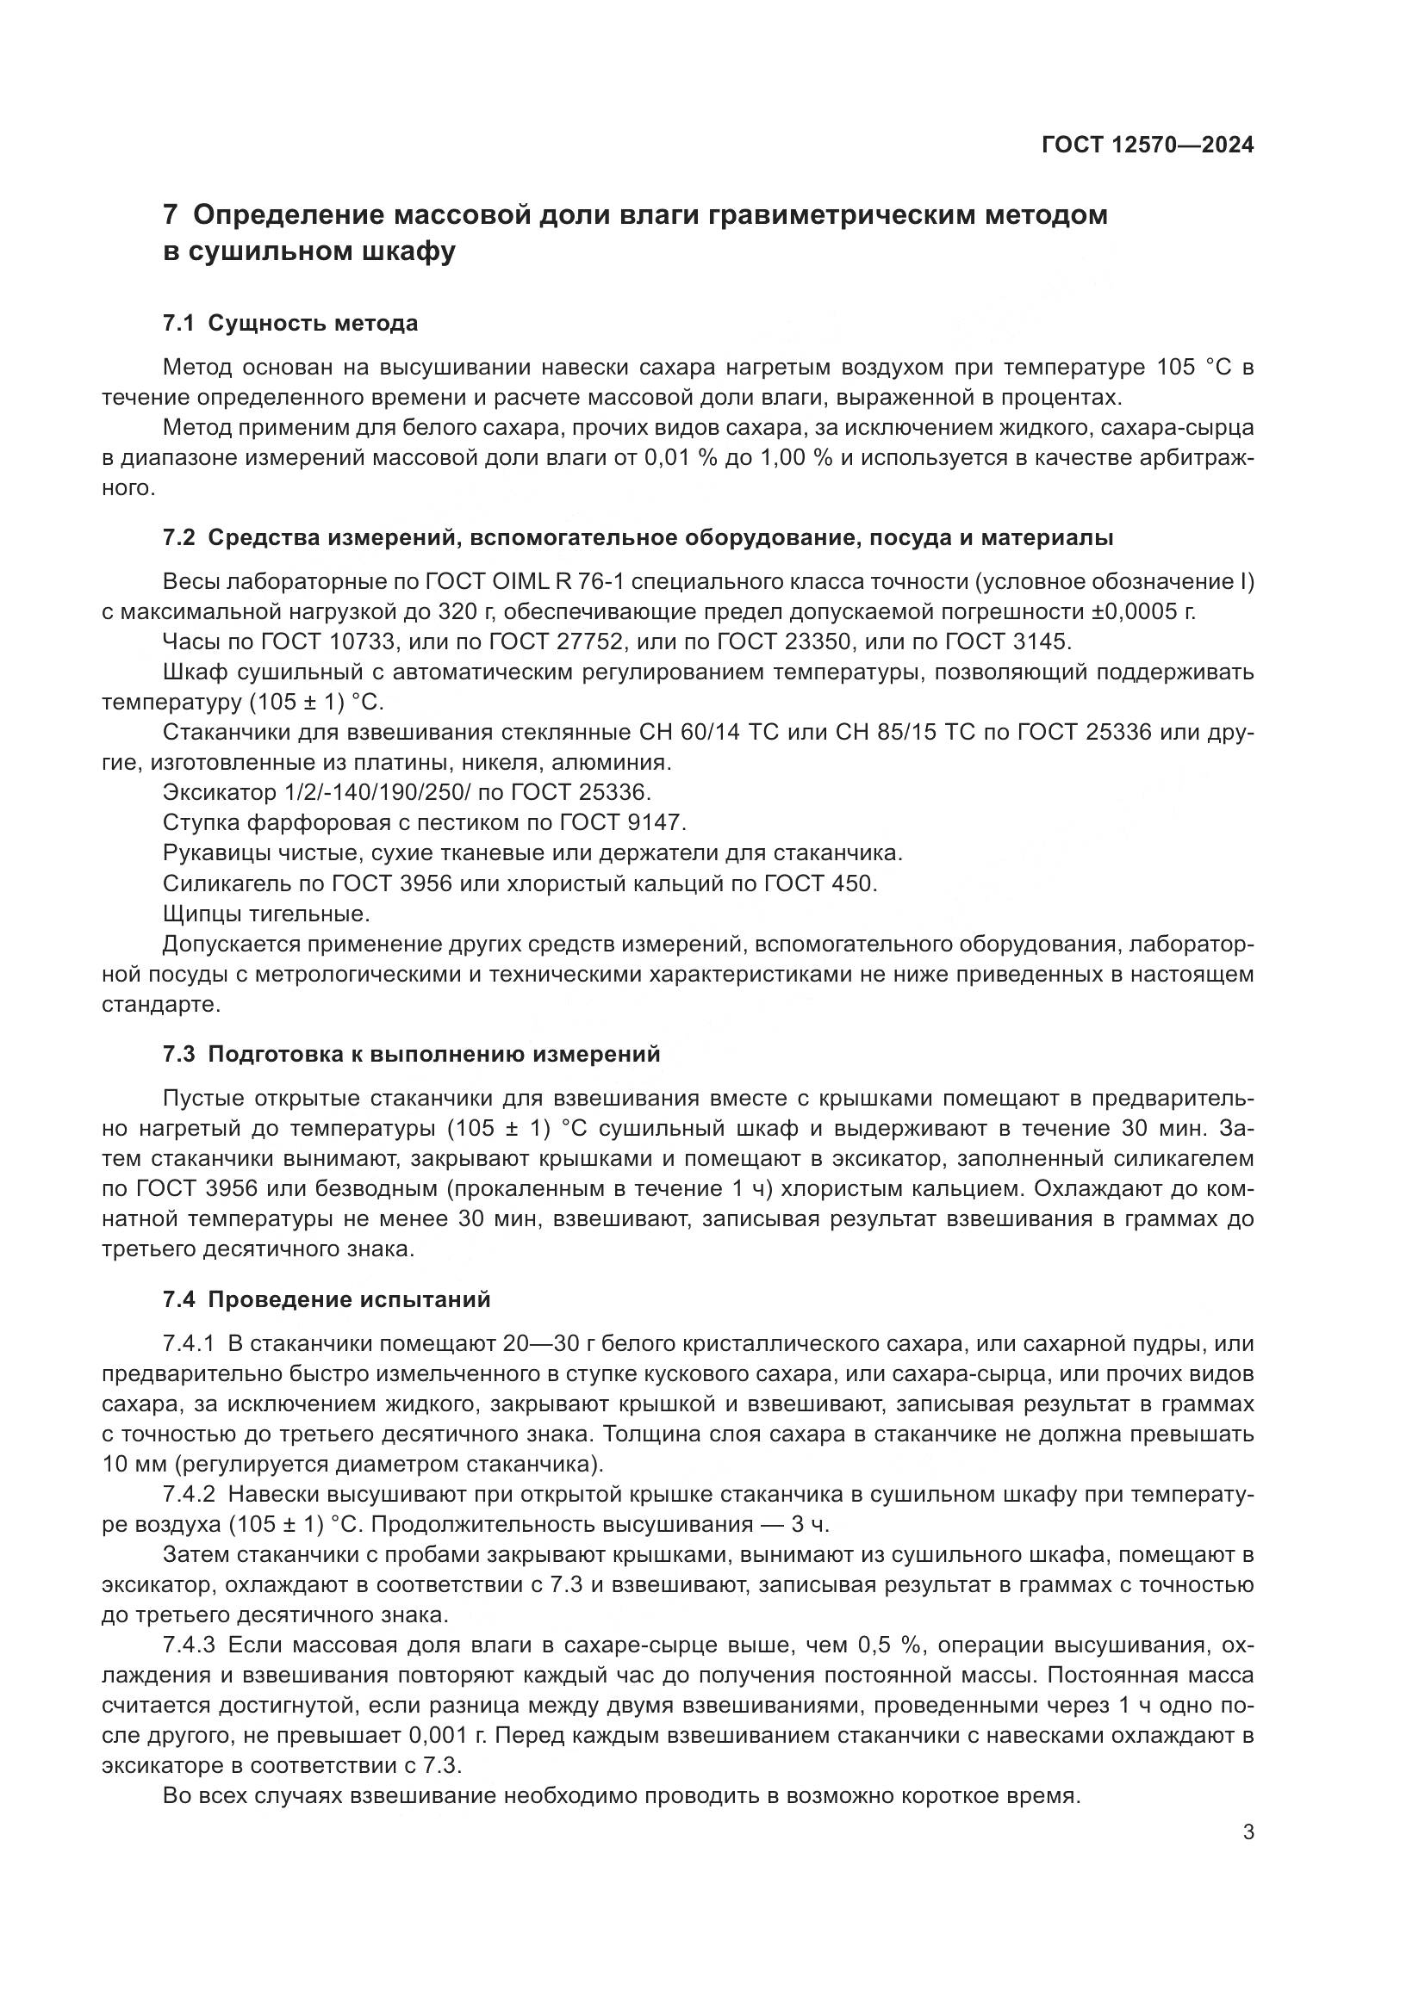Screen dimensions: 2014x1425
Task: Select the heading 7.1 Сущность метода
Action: (289, 324)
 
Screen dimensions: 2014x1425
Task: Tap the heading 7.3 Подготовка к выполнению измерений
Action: (411, 1055)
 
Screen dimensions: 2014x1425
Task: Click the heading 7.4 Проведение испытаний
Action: (327, 1300)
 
